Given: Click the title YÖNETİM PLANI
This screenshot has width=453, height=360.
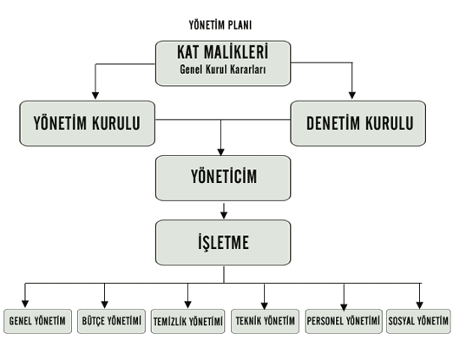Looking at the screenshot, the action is (220, 25).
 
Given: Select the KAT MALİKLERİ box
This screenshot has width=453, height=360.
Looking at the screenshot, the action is (223, 63).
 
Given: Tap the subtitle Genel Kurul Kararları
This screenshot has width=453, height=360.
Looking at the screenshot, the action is (223, 69).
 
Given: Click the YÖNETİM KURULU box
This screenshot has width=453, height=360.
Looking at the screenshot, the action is (87, 123).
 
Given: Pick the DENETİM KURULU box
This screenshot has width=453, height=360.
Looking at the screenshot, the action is (358, 123).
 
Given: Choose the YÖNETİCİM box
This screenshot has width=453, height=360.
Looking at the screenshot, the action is (223, 178).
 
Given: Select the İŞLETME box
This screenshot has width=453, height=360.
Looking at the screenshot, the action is (223, 242).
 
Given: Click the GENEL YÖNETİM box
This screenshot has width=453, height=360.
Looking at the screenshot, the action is (37, 321).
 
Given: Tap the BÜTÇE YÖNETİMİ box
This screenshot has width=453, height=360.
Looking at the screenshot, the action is (111, 321).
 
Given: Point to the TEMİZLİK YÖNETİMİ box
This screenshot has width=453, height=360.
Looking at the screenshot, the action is (187, 321).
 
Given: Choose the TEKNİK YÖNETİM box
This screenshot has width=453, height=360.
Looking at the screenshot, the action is (265, 321).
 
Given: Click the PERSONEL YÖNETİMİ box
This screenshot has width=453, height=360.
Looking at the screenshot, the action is (344, 321).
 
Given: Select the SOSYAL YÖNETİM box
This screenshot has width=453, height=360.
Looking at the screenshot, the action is (418, 321).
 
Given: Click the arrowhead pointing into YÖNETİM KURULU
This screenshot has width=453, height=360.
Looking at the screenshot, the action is (95, 95).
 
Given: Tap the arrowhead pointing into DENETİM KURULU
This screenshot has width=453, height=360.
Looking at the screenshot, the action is (352, 95).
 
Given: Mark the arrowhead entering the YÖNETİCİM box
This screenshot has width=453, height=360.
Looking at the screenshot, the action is (220, 152).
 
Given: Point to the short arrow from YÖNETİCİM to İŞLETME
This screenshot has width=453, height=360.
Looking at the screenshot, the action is (224, 211).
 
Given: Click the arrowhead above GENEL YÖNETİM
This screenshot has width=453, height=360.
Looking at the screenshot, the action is (25, 304).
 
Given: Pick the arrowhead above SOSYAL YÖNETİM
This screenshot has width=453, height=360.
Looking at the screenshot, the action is (420, 305).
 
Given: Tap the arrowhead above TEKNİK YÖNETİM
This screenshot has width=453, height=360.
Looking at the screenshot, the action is (264, 305).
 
